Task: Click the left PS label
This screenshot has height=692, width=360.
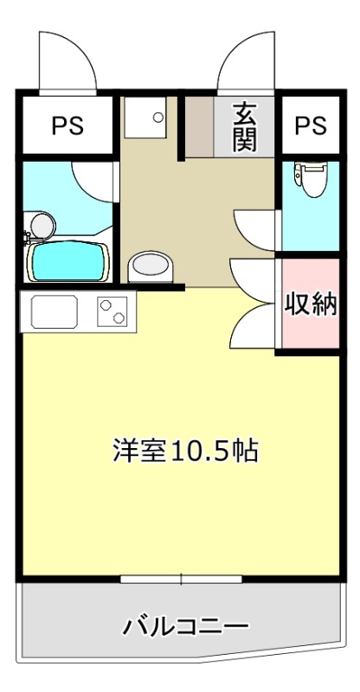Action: pyautogui.click(x=67, y=125)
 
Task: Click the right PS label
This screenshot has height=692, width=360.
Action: pyautogui.click(x=311, y=125)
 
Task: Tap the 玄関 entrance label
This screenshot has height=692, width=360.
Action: pyautogui.click(x=245, y=126)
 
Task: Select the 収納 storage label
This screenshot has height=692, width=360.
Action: pyautogui.click(x=311, y=304)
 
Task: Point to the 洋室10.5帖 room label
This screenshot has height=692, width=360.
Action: pyautogui.click(x=185, y=450)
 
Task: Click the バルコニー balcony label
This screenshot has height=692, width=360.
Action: pyautogui.click(x=185, y=625)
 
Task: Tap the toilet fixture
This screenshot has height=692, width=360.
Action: pyautogui.click(x=312, y=179)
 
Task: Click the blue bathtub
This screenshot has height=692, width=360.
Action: pyautogui.click(x=68, y=261)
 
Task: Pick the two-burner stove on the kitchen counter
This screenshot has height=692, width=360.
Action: pyautogui.click(x=112, y=311)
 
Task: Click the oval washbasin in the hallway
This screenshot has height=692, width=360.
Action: pyautogui.click(x=151, y=267)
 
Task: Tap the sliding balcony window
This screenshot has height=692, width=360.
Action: pyautogui.click(x=181, y=579)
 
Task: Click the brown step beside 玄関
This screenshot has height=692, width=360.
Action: pyautogui.click(x=199, y=126)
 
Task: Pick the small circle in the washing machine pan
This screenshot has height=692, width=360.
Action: pyautogui.click(x=158, y=118)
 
